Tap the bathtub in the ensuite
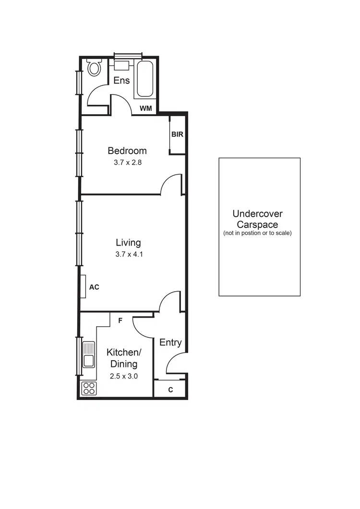click(144, 79)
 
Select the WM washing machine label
click(145, 108)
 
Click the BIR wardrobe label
click(177, 135)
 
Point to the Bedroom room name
click(127, 151)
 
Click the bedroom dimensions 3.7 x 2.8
click(127, 162)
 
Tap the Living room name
click(128, 242)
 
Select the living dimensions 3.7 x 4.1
click(129, 254)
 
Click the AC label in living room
click(95, 287)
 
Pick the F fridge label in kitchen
click(120, 320)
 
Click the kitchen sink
click(89, 355)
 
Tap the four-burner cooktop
click(89, 388)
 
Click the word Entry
click(170, 342)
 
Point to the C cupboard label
click(170, 390)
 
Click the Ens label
click(121, 80)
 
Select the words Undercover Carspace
click(257, 219)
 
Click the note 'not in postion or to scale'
click(257, 233)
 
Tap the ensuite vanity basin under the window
click(121, 65)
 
